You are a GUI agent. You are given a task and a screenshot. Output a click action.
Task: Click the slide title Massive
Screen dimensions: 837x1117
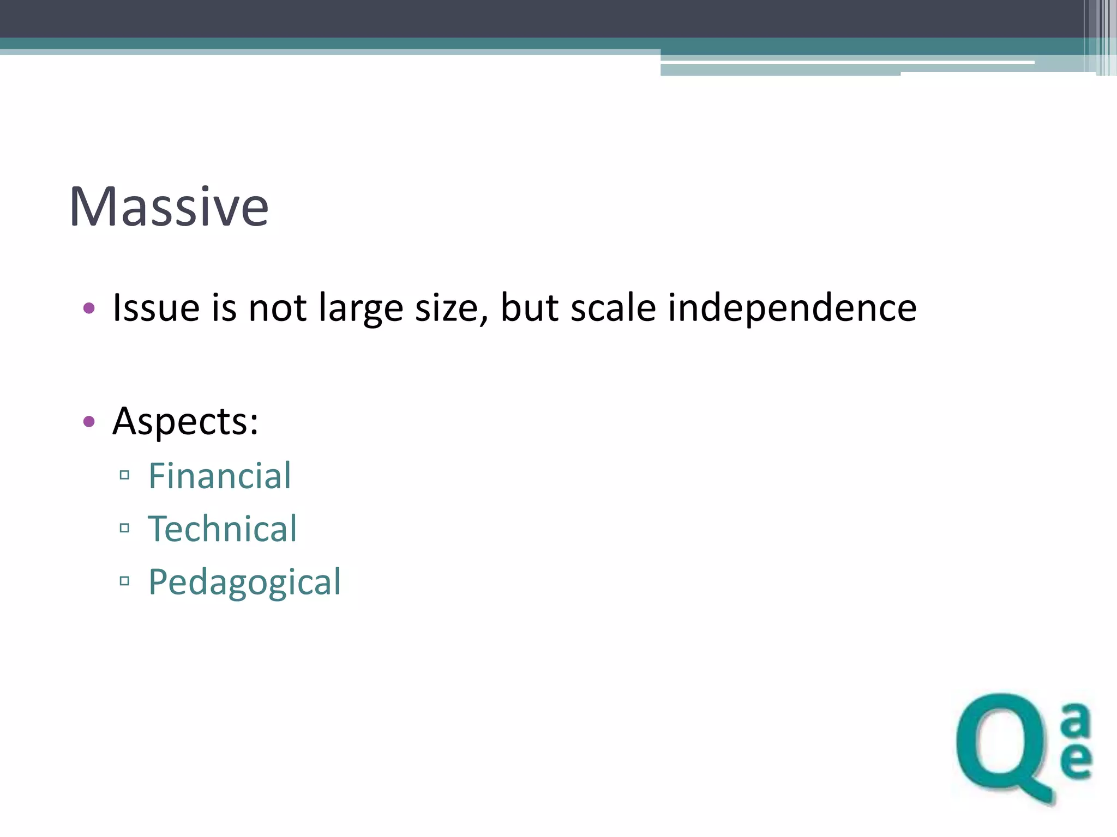tap(169, 207)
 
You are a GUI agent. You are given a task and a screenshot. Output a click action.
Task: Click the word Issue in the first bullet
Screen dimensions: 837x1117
tap(155, 308)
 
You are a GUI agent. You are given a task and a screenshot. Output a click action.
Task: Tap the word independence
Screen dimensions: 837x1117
tap(792, 308)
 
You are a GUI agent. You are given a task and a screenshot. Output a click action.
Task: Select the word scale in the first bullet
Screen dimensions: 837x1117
tap(613, 308)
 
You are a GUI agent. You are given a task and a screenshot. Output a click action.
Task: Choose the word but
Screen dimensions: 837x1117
tap(530, 308)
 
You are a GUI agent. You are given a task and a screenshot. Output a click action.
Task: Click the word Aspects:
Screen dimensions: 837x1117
tap(185, 421)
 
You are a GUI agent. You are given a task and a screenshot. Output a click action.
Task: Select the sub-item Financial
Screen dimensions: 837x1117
tap(220, 476)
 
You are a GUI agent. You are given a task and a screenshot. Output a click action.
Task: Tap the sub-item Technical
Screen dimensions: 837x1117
tap(223, 529)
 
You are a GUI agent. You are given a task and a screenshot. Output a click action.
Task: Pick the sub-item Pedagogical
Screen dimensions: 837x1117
tap(244, 582)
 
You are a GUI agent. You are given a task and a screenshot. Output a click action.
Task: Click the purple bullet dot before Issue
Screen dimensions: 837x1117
tap(89, 309)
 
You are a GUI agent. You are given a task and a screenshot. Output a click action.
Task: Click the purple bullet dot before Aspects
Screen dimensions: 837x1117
tap(89, 421)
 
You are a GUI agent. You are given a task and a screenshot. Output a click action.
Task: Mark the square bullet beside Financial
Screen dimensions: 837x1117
tap(124, 475)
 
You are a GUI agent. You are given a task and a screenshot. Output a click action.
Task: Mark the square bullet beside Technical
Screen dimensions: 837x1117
tap(124, 527)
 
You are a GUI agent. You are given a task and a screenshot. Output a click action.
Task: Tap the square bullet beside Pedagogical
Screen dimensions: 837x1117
tap(124, 581)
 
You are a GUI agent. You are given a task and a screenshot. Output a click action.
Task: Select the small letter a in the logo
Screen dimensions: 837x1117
tap(1076, 719)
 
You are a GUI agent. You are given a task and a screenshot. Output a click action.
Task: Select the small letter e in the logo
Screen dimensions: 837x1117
tap(1076, 760)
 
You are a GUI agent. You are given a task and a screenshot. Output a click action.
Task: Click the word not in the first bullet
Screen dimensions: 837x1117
tap(277, 308)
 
